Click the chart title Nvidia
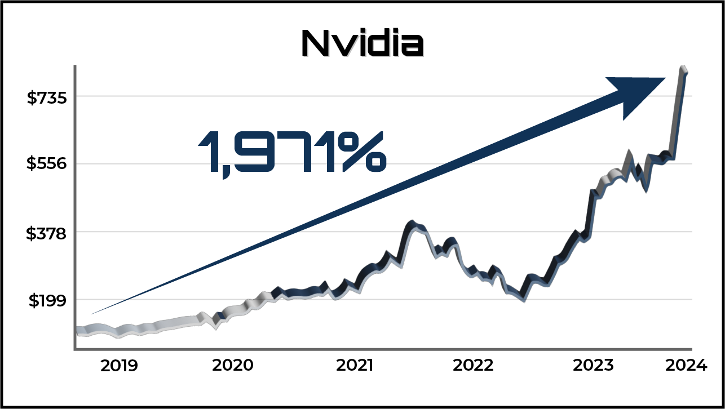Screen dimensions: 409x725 click(362, 43)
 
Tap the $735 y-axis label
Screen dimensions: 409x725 click(47, 97)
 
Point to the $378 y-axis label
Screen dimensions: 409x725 click(47, 233)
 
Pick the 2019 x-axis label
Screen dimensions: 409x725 click(119, 366)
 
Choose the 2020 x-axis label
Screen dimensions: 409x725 click(232, 366)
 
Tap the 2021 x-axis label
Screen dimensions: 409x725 click(355, 366)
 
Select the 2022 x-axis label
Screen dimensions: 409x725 click(473, 366)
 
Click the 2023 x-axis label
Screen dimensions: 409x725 click(593, 366)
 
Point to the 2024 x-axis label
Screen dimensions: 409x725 click(686, 366)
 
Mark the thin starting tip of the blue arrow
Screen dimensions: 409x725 click(94, 313)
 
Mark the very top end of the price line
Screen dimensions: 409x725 click(684, 69)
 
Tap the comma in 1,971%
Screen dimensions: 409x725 click(226, 172)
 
